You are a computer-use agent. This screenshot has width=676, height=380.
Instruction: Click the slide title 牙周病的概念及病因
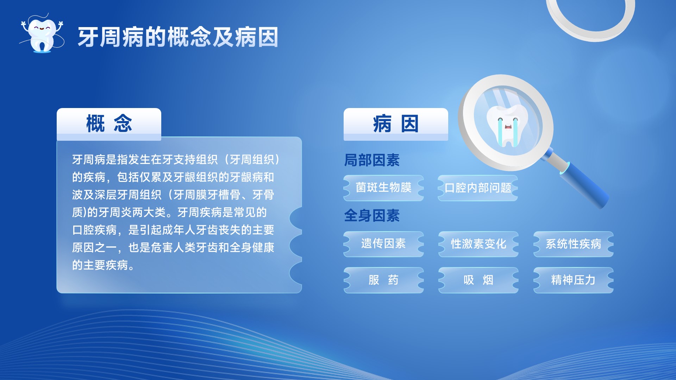178,37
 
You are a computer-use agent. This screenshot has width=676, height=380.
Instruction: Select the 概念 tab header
109,124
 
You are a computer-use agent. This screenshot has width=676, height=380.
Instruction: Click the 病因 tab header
396,124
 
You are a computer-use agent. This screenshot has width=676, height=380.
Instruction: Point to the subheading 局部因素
372,160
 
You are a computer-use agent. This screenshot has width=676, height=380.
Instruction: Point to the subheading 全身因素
372,215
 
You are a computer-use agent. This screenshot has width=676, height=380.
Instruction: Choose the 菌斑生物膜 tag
383,188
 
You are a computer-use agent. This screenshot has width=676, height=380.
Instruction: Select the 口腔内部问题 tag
478,188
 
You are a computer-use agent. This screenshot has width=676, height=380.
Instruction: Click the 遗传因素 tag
383,244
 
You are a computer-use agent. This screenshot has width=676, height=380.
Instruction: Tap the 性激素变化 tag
478,244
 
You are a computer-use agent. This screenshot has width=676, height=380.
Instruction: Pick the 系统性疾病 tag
574,244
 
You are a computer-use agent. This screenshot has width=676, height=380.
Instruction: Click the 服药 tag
383,280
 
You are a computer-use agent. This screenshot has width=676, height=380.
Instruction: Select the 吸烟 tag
478,280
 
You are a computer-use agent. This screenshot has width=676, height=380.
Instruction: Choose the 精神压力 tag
574,280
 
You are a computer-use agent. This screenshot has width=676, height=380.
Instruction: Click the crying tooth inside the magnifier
507,126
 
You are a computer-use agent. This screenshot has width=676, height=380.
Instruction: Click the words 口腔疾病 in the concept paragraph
94,230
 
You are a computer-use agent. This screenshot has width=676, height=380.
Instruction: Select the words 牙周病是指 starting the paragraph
100,159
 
